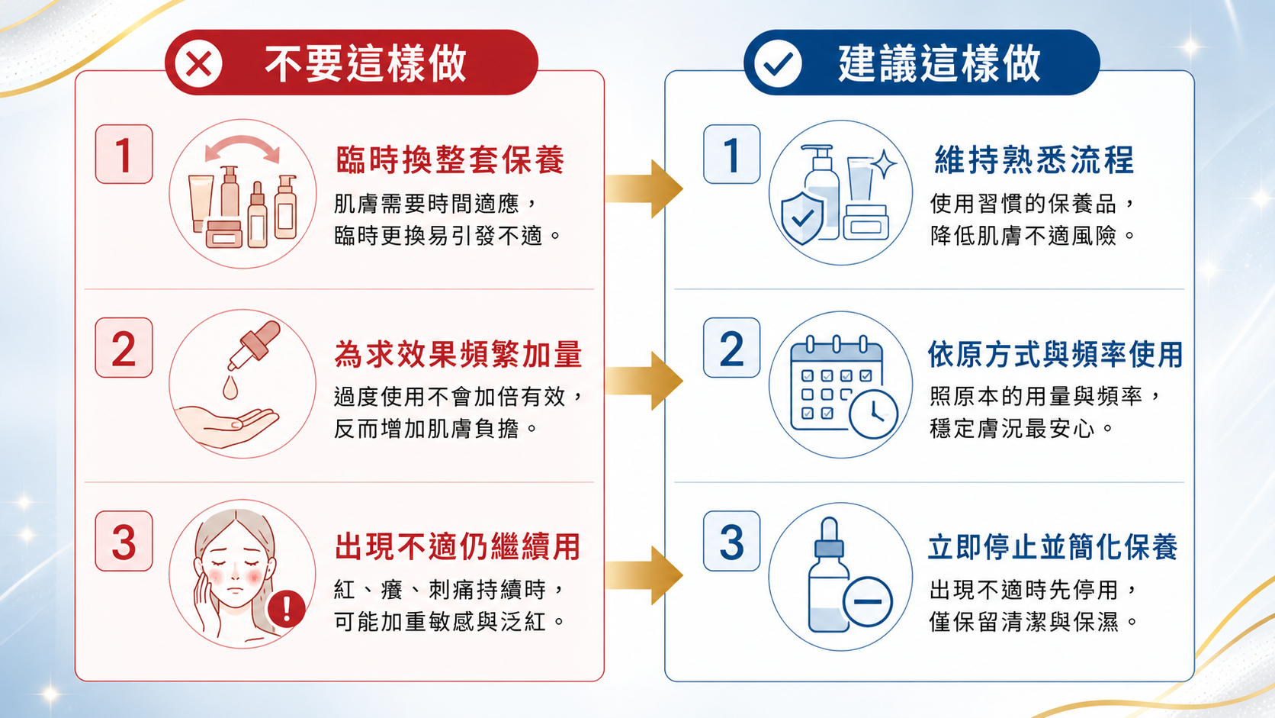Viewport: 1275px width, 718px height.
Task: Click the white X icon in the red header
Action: [x=199, y=63]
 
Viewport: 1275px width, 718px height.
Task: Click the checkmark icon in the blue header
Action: [x=778, y=63]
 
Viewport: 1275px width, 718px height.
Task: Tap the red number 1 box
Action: [x=124, y=154]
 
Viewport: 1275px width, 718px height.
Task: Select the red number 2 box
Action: [x=124, y=347]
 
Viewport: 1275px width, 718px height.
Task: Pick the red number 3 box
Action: [x=124, y=541]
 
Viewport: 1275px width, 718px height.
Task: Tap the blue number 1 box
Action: [x=732, y=154]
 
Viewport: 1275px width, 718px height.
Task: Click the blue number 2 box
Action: [x=732, y=347]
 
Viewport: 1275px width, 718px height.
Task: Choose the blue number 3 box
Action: [x=732, y=541]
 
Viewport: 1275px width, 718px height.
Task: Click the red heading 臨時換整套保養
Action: [x=450, y=159]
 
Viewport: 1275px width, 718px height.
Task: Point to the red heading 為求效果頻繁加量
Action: [x=458, y=353]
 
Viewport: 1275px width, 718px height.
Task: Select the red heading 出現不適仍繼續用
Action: [x=457, y=547]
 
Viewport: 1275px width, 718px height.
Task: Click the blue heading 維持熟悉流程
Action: [x=1034, y=159]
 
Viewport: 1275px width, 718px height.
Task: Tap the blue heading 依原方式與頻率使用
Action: [x=1055, y=353]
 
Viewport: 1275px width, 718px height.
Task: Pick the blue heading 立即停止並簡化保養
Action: [x=1052, y=547]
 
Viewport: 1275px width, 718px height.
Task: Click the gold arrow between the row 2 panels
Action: [x=644, y=380]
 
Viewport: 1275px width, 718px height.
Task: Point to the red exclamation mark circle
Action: [x=286, y=608]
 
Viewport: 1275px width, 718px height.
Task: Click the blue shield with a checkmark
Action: [x=802, y=218]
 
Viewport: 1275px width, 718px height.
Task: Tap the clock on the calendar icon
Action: [x=874, y=414]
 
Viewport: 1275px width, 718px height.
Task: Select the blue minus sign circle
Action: [x=868, y=601]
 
